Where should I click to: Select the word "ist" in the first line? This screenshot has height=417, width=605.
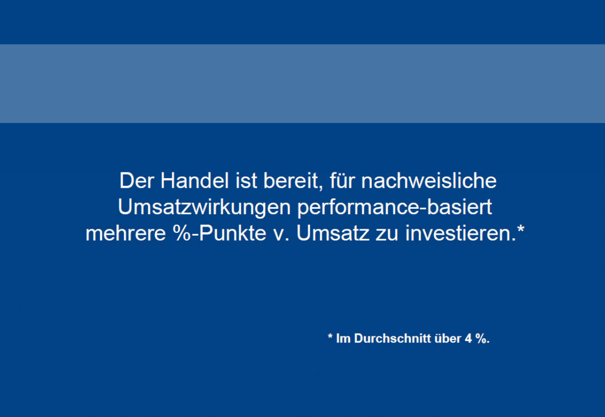pos(246,181)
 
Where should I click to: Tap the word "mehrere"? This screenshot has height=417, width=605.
pos(126,233)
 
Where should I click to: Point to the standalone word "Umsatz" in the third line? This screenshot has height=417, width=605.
pos(332,233)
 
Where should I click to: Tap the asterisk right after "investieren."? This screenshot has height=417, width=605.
pos(520,228)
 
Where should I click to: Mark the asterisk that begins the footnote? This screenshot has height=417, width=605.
pos(330,336)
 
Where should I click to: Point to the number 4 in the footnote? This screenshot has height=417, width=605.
pos(468,339)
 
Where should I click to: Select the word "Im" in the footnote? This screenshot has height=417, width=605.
pos(344,339)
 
